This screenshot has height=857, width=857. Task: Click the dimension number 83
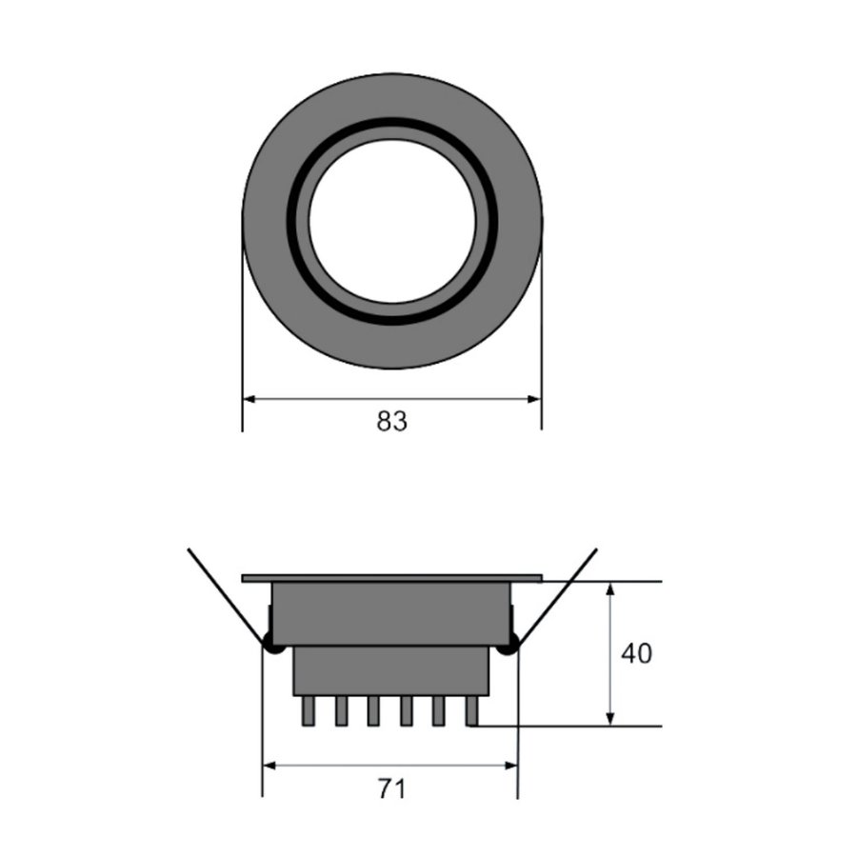coord(392,422)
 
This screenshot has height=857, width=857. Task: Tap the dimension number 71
coord(392,789)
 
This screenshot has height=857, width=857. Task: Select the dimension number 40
coord(636,653)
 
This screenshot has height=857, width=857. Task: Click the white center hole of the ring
coord(392,221)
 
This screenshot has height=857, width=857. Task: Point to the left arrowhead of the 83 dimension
coord(249,399)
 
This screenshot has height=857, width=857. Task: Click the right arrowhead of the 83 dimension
coord(534,399)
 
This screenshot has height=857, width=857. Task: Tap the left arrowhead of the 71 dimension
coord(269,766)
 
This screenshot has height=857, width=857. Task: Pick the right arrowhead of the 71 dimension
coord(510,766)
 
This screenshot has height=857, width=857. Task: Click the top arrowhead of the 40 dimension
coord(611,589)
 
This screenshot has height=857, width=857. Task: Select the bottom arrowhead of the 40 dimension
coord(611,719)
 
